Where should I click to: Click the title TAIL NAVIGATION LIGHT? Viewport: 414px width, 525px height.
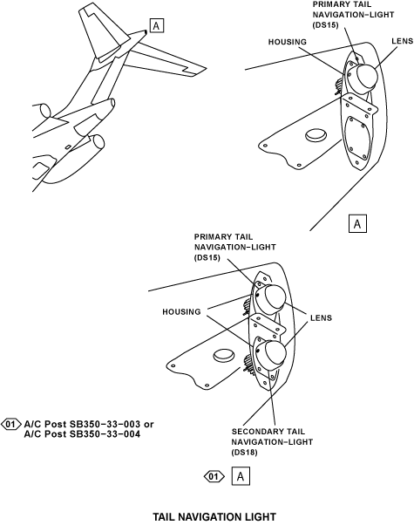coord(214,516)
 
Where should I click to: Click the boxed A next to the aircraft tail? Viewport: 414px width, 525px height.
coord(157,26)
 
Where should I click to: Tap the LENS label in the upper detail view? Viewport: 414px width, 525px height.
coord(403,41)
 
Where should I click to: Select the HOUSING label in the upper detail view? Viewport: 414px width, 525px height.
coord(287,42)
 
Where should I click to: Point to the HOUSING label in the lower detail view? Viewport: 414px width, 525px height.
coord(181,311)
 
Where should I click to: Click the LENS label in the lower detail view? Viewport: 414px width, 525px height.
coord(321,317)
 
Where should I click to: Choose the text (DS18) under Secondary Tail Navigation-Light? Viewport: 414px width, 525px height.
coord(244,453)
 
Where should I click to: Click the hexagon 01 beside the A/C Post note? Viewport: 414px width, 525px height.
coord(10,424)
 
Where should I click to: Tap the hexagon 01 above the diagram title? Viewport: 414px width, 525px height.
coord(214,476)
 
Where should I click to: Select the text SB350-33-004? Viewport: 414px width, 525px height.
coord(105,434)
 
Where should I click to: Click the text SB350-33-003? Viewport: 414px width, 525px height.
coord(105,424)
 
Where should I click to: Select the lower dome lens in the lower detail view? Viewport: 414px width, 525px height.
coord(274,354)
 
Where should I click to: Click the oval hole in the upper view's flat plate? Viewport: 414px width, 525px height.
coord(316,134)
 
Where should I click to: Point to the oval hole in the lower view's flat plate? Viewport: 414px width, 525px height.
coord(224,355)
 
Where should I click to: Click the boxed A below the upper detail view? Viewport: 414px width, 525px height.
coord(357,223)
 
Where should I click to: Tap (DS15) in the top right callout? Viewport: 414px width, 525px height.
coord(326,25)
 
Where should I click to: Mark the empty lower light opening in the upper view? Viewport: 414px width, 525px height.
coord(356,138)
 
